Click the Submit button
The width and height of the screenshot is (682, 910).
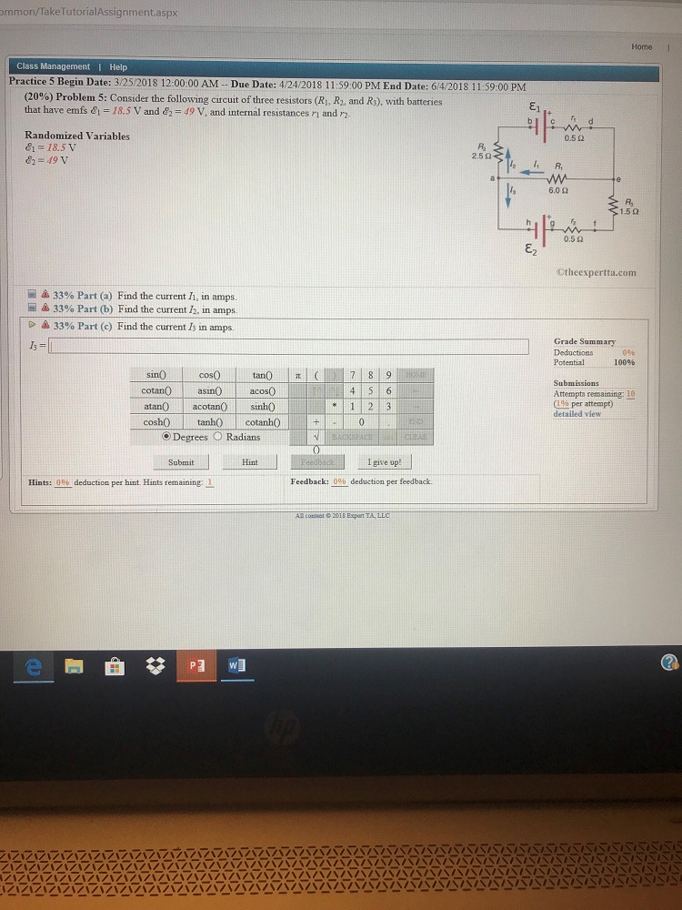tap(180, 462)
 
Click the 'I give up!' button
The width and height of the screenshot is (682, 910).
tap(385, 462)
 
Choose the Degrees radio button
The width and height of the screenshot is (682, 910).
tap(166, 437)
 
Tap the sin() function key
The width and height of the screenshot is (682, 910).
tap(155, 375)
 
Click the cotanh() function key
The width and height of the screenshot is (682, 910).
tap(263, 422)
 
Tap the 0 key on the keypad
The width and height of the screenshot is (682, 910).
tap(362, 422)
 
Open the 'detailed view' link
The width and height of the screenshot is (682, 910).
tap(576, 414)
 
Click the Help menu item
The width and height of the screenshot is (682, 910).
tap(118, 66)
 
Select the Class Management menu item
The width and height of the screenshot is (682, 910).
tap(53, 66)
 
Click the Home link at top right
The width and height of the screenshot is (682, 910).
tap(641, 46)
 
